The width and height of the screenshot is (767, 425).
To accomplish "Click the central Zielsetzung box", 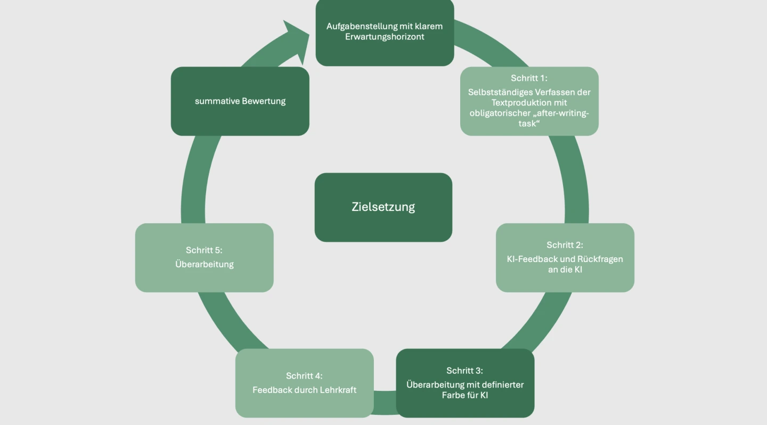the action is tap(383, 207).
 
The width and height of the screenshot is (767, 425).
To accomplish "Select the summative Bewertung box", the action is tap(240, 101).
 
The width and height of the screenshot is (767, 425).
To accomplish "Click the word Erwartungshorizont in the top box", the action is tap(385, 37).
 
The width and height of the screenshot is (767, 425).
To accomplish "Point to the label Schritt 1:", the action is tap(529, 78).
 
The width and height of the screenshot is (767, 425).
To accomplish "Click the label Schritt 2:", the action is tap(565, 245).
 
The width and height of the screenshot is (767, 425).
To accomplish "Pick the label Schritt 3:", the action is tap(464, 371).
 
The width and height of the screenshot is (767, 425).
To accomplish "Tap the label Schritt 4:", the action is tap(304, 375).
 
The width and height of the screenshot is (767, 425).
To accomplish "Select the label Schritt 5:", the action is tap(204, 250).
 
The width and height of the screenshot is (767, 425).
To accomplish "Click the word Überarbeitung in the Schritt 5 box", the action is tap(205, 264).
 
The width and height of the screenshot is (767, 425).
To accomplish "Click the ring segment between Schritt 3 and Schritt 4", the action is tap(385, 403).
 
